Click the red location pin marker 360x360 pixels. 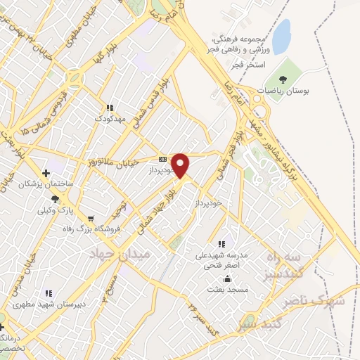(181, 165)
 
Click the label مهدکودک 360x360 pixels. (109, 119)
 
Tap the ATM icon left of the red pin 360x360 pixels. (162, 159)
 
